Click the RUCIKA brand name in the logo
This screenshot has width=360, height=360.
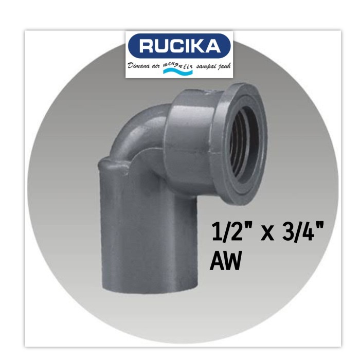pyautogui.click(x=179, y=46)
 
